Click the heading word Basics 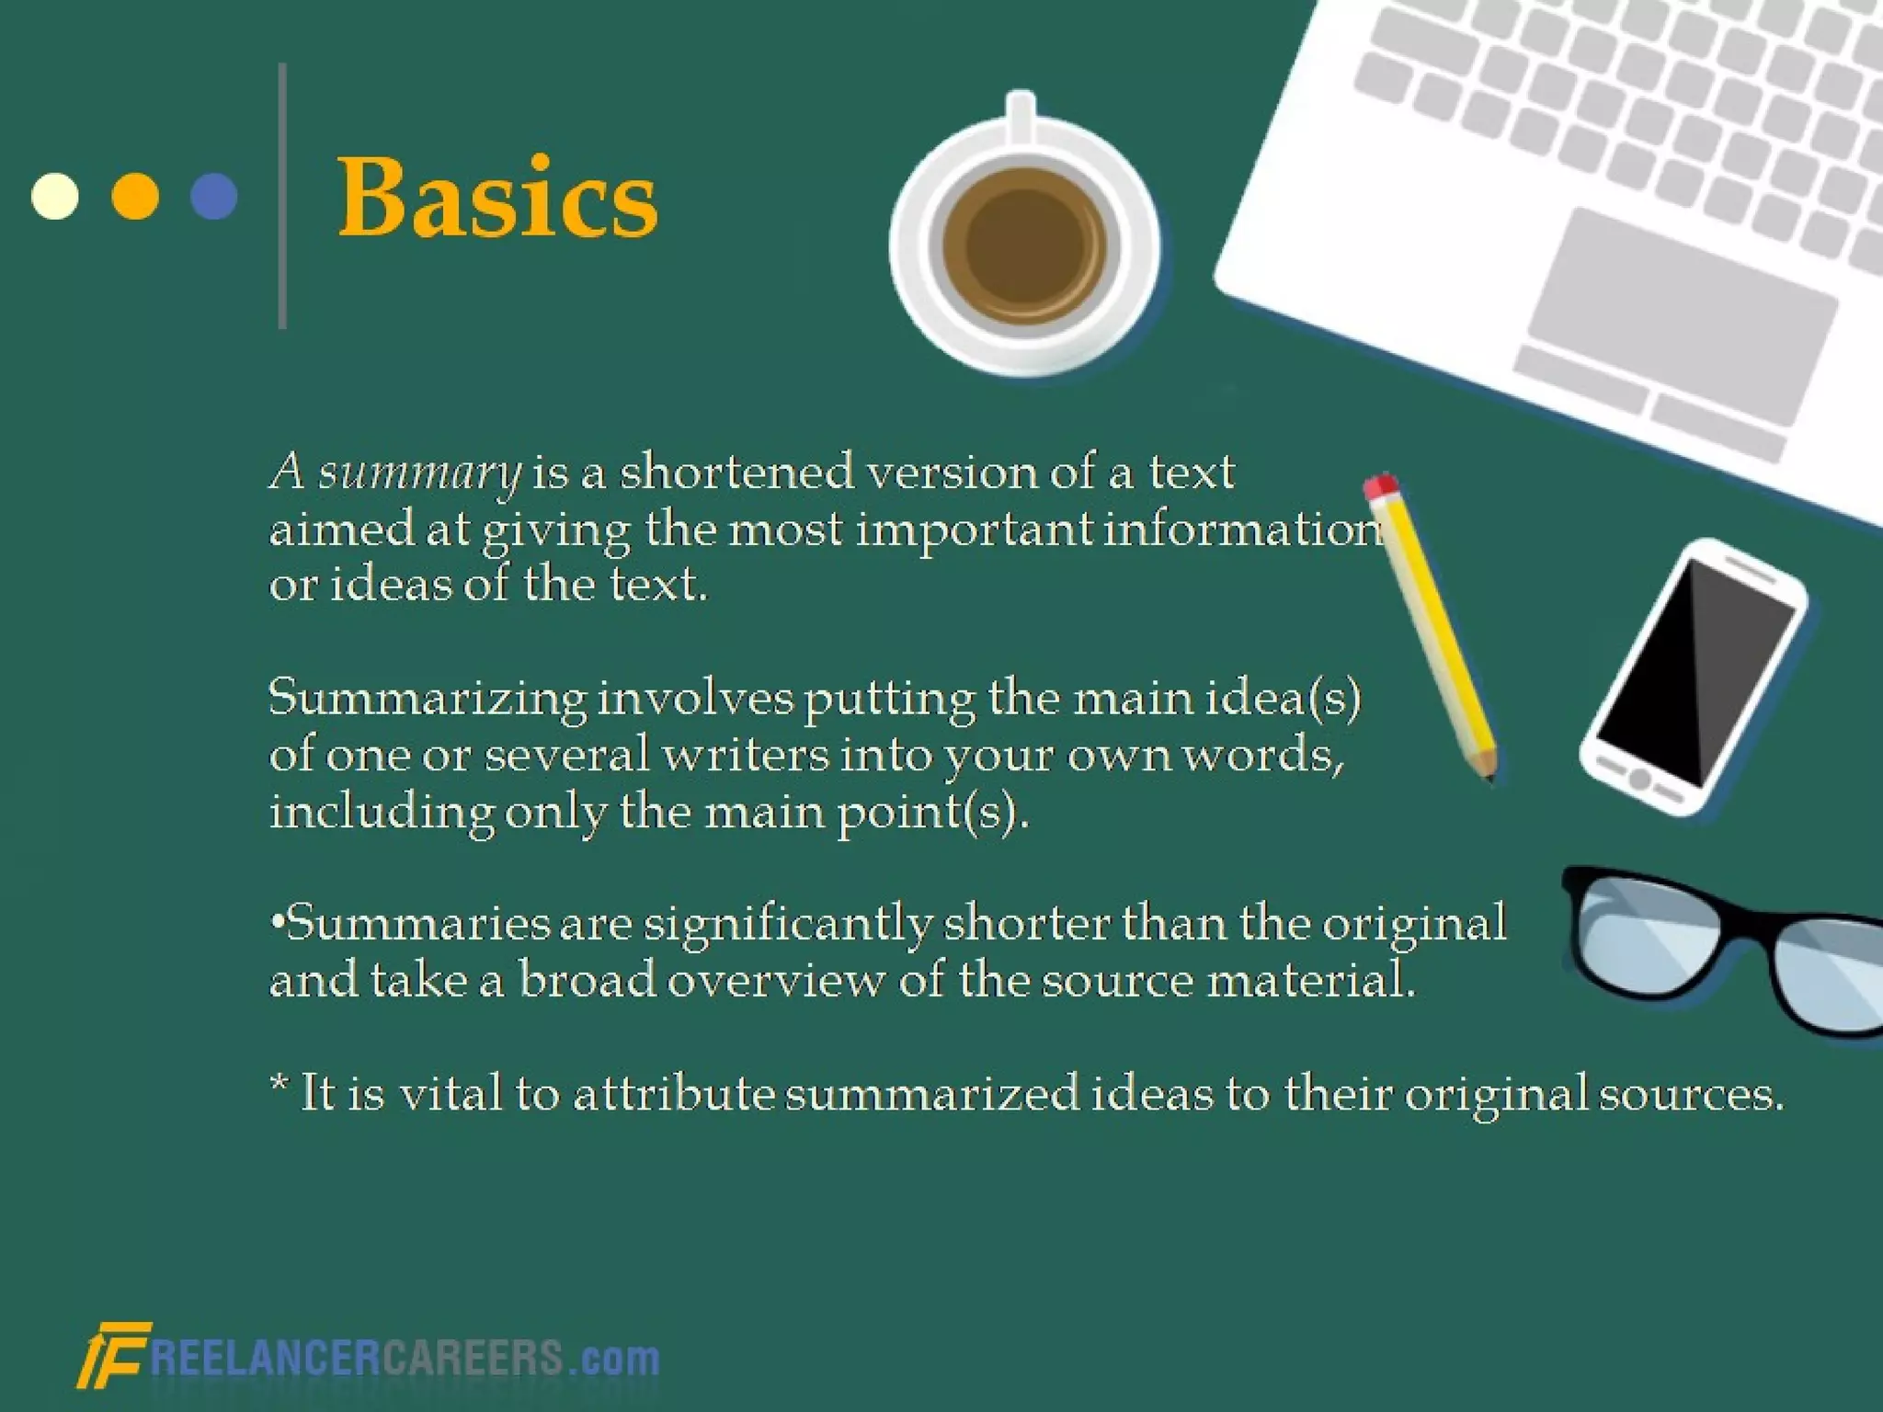click(497, 198)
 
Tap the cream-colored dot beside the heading click(55, 196)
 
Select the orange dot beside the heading click(135, 196)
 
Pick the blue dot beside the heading click(214, 196)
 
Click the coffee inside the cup click(1023, 245)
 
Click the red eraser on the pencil click(1380, 487)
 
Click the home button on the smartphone click(1639, 779)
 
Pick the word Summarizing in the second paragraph click(428, 700)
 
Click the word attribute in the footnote click(674, 1094)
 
